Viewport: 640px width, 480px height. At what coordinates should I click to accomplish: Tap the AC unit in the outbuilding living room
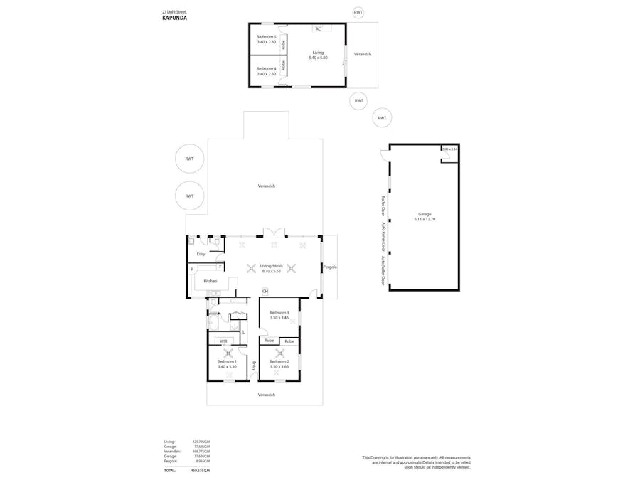tap(318, 29)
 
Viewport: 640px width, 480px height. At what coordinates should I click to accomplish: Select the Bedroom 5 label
tap(266, 36)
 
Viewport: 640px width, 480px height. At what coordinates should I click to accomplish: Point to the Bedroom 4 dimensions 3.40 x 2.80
tap(266, 74)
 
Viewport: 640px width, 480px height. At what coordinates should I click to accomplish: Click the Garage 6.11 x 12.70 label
tap(424, 217)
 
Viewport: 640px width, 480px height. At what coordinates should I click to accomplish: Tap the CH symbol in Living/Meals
tap(265, 291)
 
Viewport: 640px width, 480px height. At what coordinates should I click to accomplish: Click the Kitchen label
tap(210, 281)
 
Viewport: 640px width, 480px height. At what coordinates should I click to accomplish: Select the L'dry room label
tap(201, 254)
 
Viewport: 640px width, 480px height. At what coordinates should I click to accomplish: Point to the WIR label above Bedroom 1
tap(223, 341)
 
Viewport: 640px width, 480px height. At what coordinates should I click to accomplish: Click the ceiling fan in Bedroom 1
tap(228, 353)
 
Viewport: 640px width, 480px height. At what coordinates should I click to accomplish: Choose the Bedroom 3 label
tap(279, 313)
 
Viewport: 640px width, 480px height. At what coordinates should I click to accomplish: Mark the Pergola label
tap(329, 267)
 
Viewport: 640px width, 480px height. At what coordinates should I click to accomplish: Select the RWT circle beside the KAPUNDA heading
tap(358, 12)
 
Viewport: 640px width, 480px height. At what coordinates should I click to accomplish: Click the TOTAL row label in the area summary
tap(170, 470)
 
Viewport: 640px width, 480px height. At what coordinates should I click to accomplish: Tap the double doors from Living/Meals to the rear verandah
tap(274, 233)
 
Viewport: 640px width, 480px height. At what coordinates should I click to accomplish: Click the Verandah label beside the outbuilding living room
tap(362, 54)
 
